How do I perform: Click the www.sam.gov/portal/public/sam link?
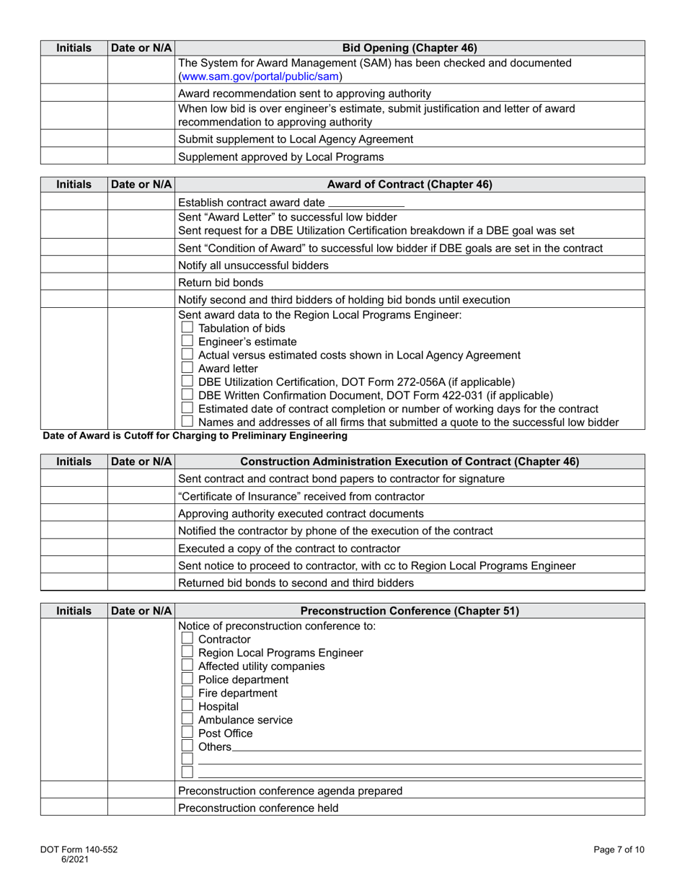pyautogui.click(x=260, y=76)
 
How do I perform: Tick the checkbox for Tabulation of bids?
pyautogui.click(x=187, y=328)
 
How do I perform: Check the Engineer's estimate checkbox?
pyautogui.click(x=187, y=341)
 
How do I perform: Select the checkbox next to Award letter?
pyautogui.click(x=187, y=368)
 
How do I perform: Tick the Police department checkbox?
pyautogui.click(x=187, y=679)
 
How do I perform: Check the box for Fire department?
pyautogui.click(x=187, y=693)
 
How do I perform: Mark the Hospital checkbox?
pyautogui.click(x=187, y=707)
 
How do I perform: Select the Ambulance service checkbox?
pyautogui.click(x=187, y=720)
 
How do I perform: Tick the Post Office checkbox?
pyautogui.click(x=187, y=733)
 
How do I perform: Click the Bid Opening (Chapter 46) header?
pyautogui.click(x=410, y=48)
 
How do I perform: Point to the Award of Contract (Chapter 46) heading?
pyautogui.click(x=410, y=185)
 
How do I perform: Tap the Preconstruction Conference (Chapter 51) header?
pyautogui.click(x=410, y=612)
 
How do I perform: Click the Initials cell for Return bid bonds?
pyautogui.click(x=74, y=283)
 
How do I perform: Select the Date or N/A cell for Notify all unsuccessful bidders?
pyautogui.click(x=141, y=265)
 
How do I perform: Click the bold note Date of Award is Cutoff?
pyautogui.click(x=195, y=436)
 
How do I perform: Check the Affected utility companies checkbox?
pyautogui.click(x=187, y=666)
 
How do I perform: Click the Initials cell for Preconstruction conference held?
pyautogui.click(x=74, y=808)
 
